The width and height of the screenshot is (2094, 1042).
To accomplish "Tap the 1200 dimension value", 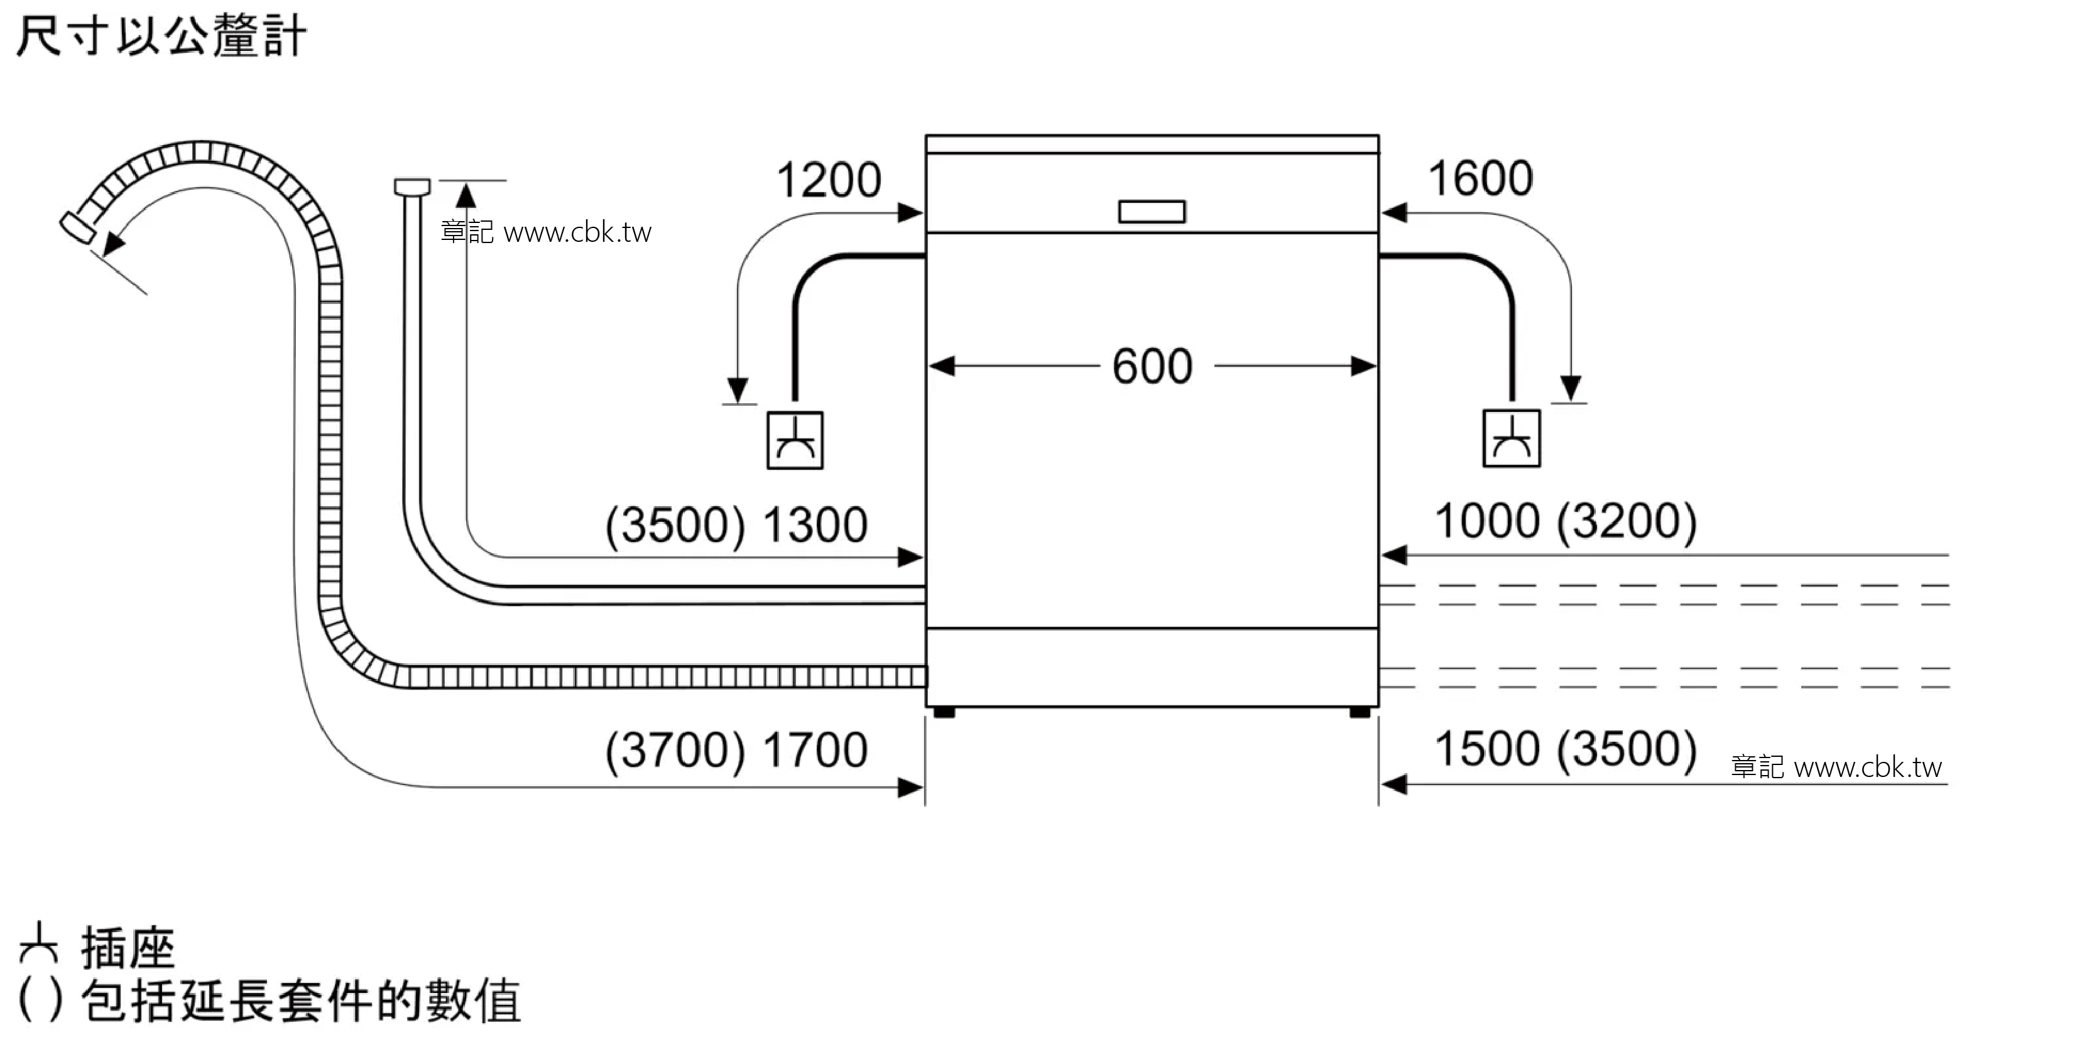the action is [828, 180].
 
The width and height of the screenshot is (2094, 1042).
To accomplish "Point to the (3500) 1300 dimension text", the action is [736, 525].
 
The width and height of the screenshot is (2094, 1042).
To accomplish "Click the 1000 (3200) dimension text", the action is [1566, 521].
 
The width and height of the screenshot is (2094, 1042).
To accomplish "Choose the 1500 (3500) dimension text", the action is [1566, 749].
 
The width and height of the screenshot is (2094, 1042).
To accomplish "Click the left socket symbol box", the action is [795, 440].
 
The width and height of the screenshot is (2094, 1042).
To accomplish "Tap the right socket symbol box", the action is [1511, 438].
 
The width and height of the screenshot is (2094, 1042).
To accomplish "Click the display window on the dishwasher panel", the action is [1152, 211].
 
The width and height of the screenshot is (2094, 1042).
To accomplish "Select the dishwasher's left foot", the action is [944, 713].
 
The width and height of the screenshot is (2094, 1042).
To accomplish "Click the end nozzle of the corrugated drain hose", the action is [78, 226].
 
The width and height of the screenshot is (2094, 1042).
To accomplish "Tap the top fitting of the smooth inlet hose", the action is [412, 187].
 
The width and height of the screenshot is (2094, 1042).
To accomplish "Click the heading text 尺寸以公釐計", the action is [161, 36].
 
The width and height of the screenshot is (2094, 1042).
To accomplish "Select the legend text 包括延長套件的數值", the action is [301, 1001].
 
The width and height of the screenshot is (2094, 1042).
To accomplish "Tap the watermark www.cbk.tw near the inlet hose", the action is [578, 232].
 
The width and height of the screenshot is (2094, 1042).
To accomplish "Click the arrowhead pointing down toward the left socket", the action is [738, 390].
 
